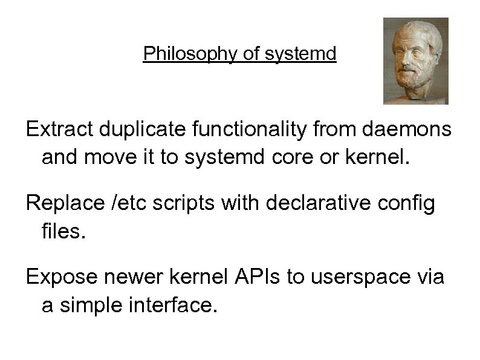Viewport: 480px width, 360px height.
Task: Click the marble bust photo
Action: pos(415,61)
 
